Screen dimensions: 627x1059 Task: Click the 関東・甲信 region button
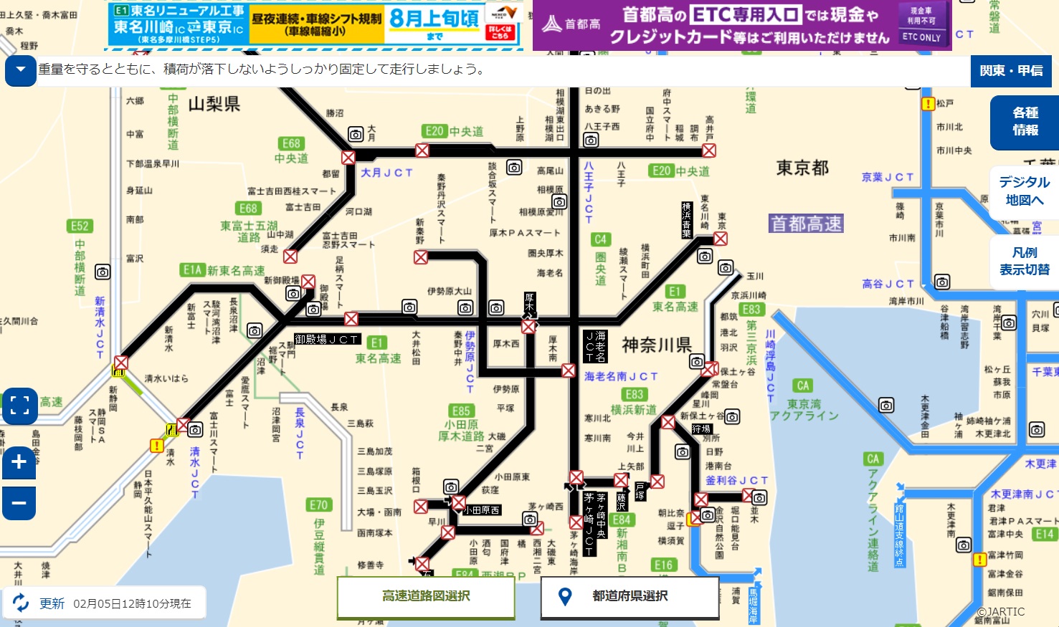(x=1011, y=70)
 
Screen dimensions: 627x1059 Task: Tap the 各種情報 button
(x=1025, y=121)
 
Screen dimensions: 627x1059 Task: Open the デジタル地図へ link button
(x=1024, y=191)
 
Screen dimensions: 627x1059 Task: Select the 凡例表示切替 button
(x=1025, y=261)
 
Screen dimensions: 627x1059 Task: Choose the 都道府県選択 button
(x=630, y=596)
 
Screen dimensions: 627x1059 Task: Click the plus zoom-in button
(x=19, y=462)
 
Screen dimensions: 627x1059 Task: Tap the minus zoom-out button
(x=19, y=502)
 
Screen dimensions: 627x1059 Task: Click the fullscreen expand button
(x=20, y=406)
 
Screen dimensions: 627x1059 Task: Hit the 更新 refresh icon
(x=21, y=603)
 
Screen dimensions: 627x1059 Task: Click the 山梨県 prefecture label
(x=214, y=105)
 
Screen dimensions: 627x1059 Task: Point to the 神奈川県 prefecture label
(x=656, y=345)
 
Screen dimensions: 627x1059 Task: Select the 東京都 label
(x=802, y=168)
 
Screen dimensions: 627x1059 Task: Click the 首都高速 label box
(x=806, y=224)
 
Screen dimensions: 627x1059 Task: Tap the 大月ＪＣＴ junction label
(x=386, y=173)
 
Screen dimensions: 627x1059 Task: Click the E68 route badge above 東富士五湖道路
(x=248, y=209)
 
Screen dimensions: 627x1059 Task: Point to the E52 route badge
(x=80, y=226)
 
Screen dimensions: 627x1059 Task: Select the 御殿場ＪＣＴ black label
(x=327, y=340)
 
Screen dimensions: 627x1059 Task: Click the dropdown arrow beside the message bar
(x=21, y=70)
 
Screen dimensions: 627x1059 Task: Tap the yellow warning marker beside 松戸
(x=928, y=104)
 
